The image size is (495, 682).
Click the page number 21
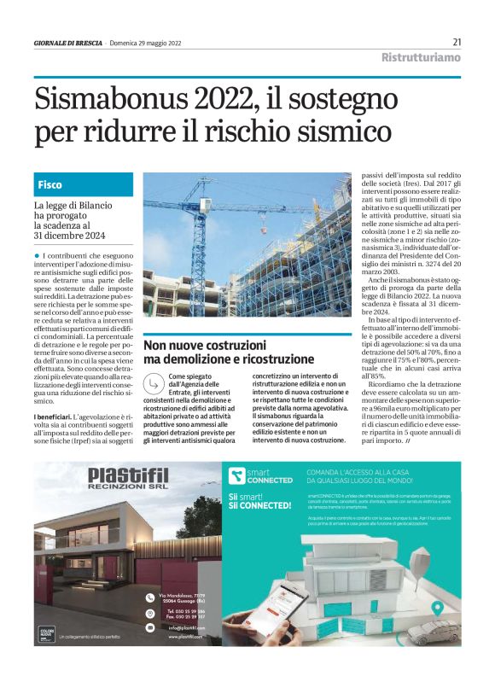coord(457,42)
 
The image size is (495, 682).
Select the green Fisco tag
coord(50,184)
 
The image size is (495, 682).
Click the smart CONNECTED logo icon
coord(235,475)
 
